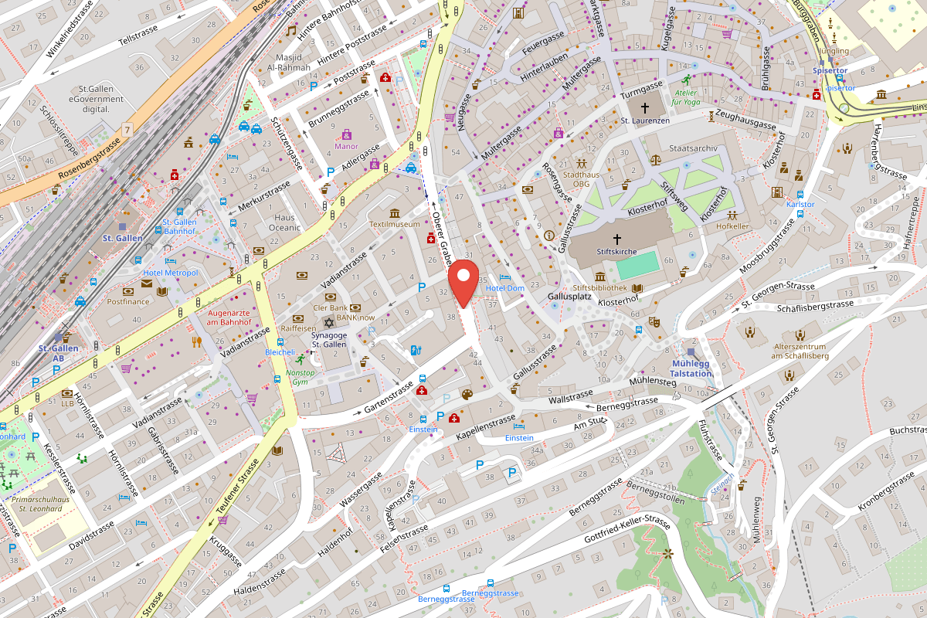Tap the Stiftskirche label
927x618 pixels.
616,252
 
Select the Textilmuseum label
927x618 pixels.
394,225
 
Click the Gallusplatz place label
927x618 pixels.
569,297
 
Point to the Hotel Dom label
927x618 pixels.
505,288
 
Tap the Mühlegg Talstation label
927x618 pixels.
690,368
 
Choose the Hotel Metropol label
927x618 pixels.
170,273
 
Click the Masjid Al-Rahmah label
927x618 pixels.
288,63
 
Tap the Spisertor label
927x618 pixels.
830,70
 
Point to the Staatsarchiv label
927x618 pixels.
694,148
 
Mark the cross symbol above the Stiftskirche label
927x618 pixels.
616,239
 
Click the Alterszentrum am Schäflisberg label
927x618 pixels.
800,351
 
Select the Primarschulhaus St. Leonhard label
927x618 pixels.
44,504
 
